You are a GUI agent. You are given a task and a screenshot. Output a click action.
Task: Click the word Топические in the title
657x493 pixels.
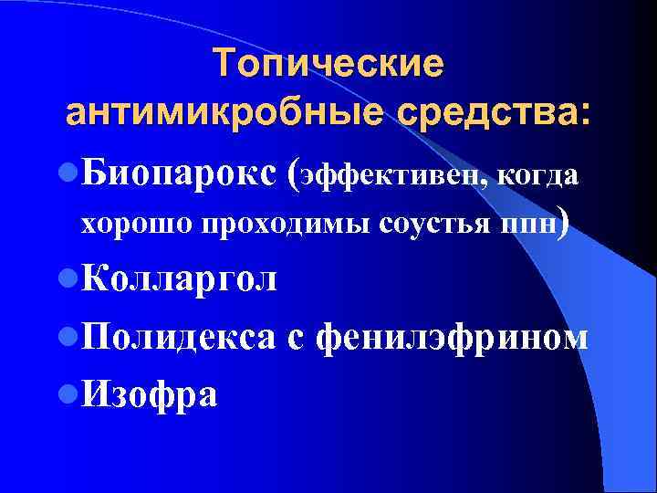point(328,64)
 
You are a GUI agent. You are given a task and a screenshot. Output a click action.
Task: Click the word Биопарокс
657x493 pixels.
point(182,173)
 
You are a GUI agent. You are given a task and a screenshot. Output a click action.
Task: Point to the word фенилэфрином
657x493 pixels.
point(451,337)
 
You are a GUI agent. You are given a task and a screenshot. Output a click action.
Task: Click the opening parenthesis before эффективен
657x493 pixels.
point(292,173)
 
